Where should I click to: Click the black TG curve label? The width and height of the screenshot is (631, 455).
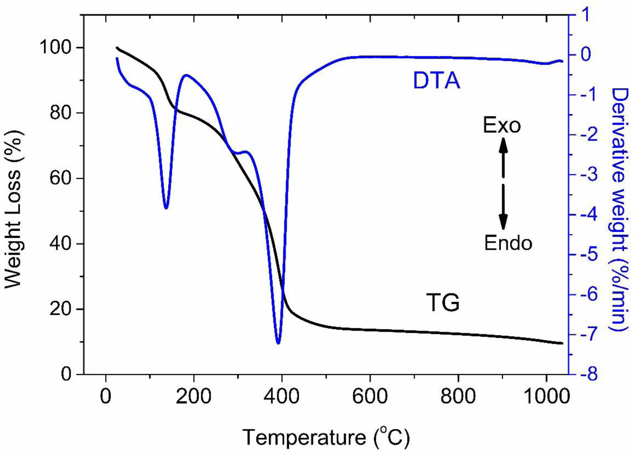443,302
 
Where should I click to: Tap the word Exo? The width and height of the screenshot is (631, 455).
502,125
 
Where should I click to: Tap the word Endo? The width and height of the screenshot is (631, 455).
508,243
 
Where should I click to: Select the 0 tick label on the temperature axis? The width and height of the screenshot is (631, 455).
106,396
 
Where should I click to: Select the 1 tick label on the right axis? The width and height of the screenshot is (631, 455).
586,15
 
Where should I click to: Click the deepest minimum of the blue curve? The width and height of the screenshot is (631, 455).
278,343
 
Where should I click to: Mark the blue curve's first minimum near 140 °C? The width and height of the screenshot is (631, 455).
166,208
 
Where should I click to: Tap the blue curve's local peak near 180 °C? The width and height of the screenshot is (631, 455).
186,75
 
